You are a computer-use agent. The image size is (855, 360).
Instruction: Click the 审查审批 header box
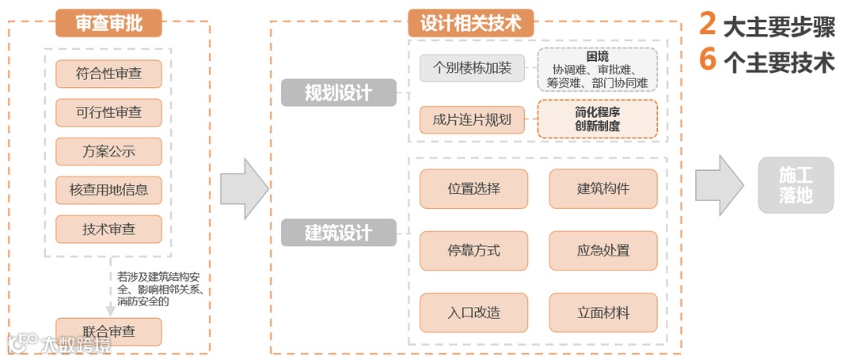(108, 23)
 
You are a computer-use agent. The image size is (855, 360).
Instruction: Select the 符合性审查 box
(108, 74)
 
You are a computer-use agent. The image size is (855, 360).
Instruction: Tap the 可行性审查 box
(108, 112)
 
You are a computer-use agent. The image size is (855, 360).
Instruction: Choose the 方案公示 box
(108, 151)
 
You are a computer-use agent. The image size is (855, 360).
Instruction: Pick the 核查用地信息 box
(108, 190)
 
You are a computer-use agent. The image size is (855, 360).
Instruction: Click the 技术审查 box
(108, 229)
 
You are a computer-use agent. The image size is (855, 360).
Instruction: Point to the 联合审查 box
(108, 332)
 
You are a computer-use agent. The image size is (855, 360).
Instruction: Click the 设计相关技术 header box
(470, 23)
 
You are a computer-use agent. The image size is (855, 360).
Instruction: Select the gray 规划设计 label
(338, 93)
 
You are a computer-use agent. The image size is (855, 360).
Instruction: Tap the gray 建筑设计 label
(338, 233)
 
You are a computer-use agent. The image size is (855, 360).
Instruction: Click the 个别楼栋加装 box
(473, 68)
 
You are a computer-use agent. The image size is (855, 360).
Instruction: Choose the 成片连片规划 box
(473, 120)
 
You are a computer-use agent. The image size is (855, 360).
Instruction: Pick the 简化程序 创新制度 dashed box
(598, 119)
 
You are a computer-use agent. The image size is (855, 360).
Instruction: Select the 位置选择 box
(473, 189)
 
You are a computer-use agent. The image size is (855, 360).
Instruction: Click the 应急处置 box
(603, 251)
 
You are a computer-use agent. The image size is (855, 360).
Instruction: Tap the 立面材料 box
(603, 313)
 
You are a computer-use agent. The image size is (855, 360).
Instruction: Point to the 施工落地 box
(796, 185)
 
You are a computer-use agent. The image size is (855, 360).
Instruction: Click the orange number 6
(708, 60)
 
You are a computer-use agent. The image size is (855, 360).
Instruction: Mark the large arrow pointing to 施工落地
(719, 185)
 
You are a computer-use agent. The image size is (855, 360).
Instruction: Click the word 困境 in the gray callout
(598, 56)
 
